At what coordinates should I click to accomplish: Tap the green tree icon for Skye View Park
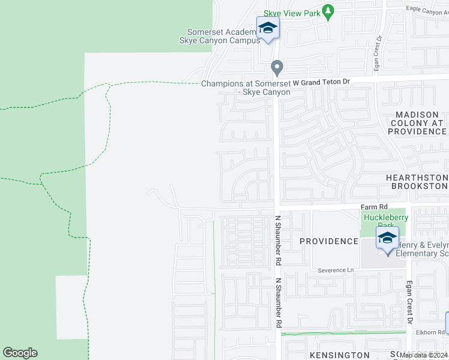(x=328, y=12)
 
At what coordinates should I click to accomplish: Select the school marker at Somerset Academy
(x=268, y=28)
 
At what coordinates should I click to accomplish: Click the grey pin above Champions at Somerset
(x=277, y=68)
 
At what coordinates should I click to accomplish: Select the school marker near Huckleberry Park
(x=387, y=239)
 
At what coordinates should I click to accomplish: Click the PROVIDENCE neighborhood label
(x=329, y=241)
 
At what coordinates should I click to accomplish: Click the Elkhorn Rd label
(x=432, y=332)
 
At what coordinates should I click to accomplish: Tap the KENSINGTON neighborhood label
(x=340, y=356)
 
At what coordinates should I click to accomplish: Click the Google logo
(x=20, y=353)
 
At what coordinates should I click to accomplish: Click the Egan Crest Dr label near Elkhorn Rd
(x=409, y=304)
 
